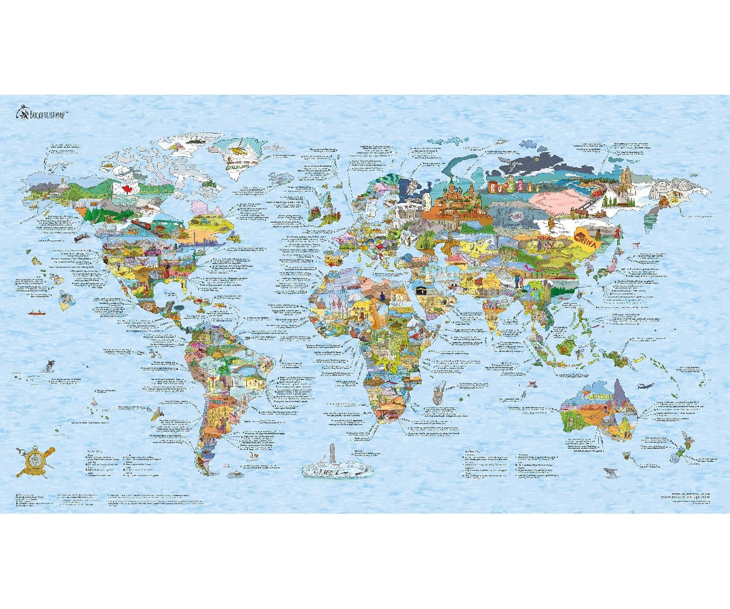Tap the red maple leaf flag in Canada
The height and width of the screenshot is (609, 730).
(x=121, y=188)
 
